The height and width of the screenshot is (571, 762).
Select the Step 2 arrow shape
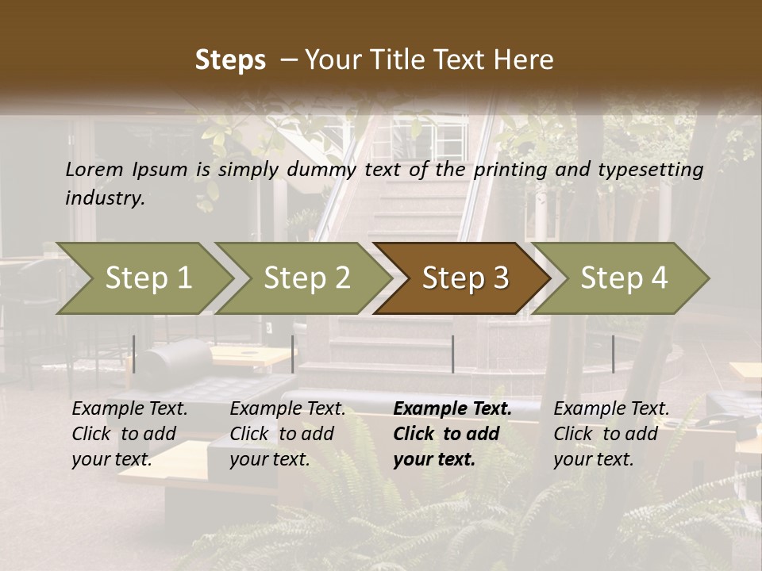(306, 278)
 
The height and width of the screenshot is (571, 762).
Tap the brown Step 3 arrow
(464, 278)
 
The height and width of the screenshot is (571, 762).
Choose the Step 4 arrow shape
(624, 278)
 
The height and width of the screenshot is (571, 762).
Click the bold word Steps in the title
(230, 60)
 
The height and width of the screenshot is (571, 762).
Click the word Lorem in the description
(94, 169)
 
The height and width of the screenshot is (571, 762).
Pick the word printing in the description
(508, 169)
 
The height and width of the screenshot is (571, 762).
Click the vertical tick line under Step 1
(134, 354)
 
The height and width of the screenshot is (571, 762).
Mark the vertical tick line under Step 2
(293, 354)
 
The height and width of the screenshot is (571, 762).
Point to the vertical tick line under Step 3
(452, 354)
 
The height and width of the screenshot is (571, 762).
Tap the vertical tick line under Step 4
(613, 354)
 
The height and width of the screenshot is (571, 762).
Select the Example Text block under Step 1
(129, 434)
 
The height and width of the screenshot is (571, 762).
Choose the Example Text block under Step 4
(611, 434)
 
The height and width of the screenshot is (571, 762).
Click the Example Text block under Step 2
(287, 434)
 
